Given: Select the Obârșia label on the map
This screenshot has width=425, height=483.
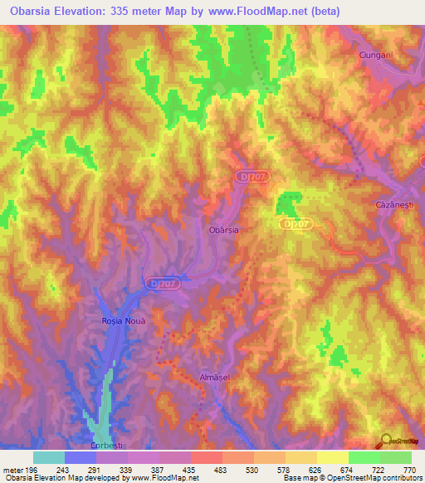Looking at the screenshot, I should click(x=222, y=232).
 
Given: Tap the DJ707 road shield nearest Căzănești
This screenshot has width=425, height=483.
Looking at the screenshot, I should click(x=296, y=224).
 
